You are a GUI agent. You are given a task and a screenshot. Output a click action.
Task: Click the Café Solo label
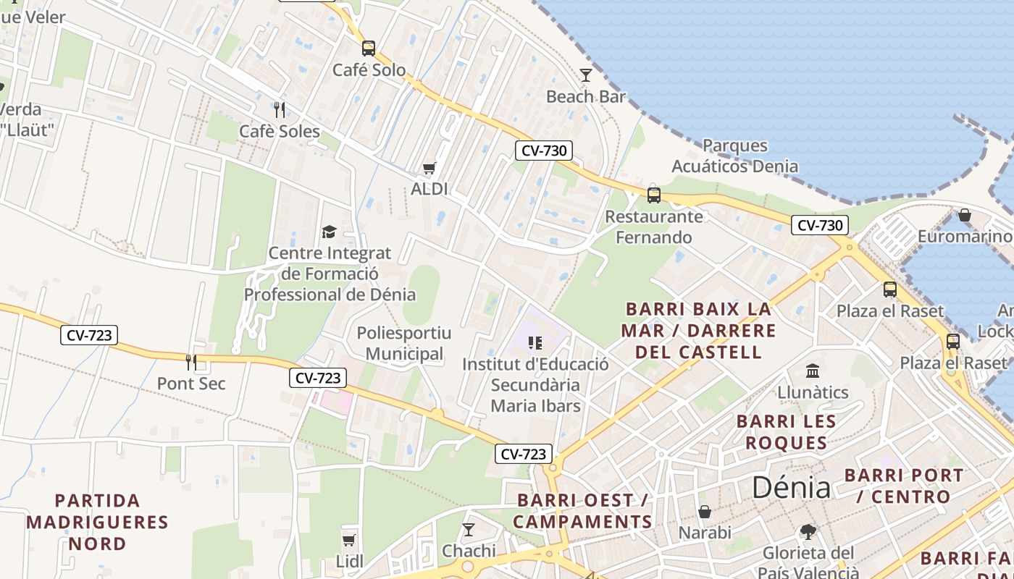369,70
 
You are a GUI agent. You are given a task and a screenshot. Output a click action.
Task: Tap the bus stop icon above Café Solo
369,48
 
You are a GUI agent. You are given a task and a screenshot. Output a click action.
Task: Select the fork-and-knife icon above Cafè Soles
280,109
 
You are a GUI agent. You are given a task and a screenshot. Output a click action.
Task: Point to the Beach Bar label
586,96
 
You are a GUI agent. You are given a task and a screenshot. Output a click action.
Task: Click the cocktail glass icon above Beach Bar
586,75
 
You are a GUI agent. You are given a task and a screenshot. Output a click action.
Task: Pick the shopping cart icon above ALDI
430,169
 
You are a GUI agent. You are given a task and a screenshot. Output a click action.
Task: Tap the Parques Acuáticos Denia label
734,156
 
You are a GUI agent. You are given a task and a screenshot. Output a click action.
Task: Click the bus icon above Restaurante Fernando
654,195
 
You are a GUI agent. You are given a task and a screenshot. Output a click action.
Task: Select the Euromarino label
965,237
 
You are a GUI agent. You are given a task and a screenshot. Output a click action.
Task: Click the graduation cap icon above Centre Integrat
330,232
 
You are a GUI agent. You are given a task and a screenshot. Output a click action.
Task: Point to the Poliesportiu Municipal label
404,344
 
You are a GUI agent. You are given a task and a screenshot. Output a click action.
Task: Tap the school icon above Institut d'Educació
535,342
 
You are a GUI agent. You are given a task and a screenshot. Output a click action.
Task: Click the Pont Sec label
191,384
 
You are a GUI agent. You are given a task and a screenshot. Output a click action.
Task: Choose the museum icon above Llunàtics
813,371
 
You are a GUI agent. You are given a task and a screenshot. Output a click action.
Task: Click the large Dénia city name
791,488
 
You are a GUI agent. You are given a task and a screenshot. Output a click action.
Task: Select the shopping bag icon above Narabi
705,512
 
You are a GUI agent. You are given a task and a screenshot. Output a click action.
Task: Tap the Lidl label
350,561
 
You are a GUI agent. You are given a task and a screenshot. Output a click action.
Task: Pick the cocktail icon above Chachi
469,530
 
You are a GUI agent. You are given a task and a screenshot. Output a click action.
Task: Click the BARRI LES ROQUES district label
786,432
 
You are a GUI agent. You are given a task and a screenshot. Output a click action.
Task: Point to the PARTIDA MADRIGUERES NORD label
98,522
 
